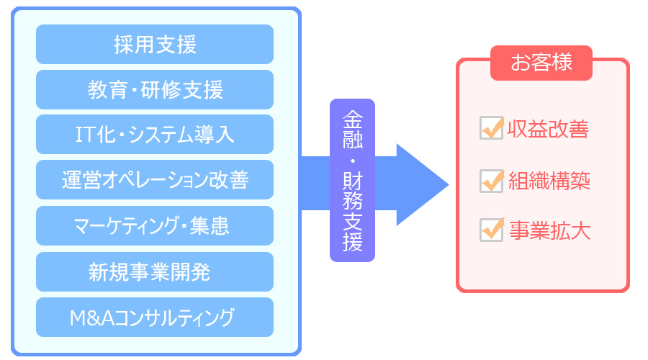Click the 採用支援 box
click(155, 44)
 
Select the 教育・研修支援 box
click(155, 90)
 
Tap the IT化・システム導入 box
click(155, 135)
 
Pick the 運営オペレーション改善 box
click(155, 180)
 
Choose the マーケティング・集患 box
click(155, 225)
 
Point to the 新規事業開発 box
click(155, 272)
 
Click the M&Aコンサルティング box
click(155, 318)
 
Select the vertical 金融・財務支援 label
click(353, 180)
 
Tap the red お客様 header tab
click(541, 63)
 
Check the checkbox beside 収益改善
click(491, 127)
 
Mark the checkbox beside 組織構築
click(491, 181)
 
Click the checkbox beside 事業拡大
click(491, 230)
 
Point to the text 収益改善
click(548, 129)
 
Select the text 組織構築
click(549, 181)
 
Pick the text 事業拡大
click(549, 230)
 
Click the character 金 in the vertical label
click(353, 120)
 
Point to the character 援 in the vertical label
click(353, 242)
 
